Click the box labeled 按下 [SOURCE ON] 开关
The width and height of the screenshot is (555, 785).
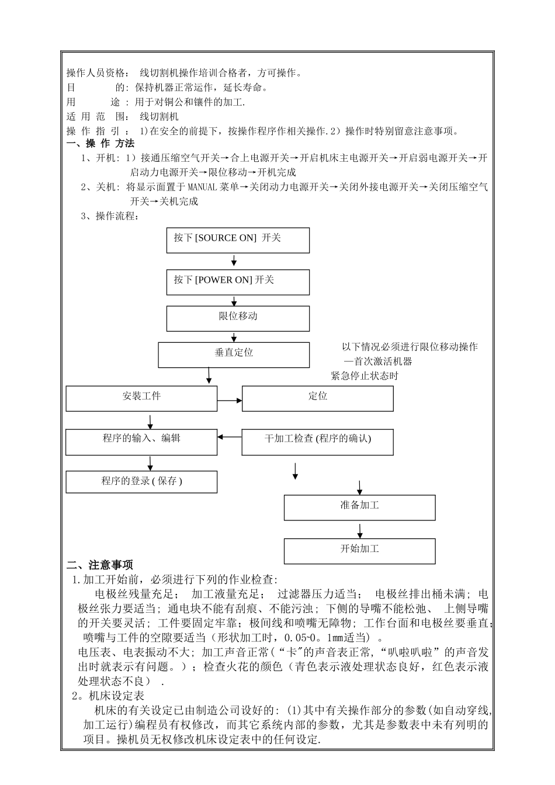238,240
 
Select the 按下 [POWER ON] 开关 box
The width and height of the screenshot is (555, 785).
238,282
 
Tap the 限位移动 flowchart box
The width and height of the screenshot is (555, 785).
238,318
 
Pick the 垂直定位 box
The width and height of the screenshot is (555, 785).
234,355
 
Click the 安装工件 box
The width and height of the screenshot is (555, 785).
141,398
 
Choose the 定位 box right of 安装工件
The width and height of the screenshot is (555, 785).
317,398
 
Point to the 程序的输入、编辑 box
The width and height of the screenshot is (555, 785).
141,442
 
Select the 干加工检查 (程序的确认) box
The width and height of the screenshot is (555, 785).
317,442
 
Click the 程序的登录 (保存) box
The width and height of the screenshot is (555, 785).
141,482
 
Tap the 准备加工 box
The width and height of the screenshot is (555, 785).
359,507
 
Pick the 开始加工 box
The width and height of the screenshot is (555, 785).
359,550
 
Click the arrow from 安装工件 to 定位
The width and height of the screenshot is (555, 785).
230,400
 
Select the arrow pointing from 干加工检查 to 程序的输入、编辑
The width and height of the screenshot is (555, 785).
230,436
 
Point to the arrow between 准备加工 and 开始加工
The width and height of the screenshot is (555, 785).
360,530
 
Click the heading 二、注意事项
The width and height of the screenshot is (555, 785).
100,565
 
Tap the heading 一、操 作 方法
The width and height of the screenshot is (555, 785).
100,144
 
